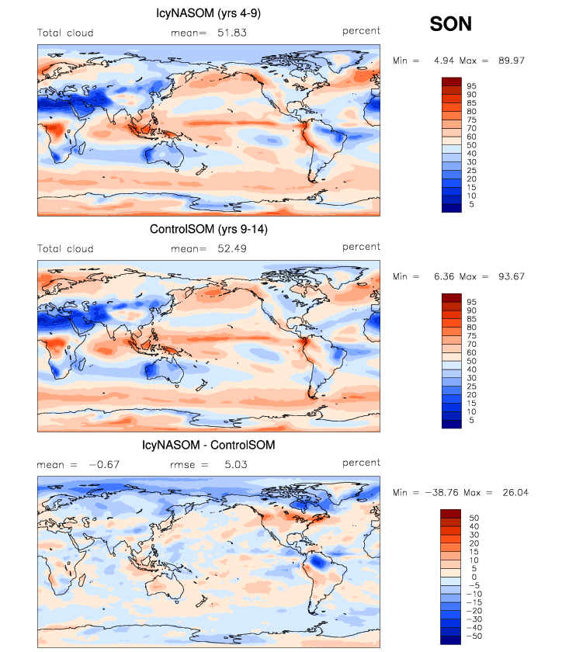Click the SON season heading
[x=451, y=25]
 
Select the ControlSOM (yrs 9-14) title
[x=209, y=230]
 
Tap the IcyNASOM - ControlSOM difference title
[x=209, y=446]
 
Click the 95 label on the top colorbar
[x=473, y=86]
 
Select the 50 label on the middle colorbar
[x=473, y=361]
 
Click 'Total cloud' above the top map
[x=65, y=33]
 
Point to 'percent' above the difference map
[x=362, y=463]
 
